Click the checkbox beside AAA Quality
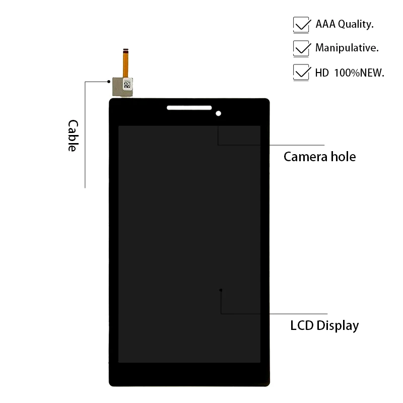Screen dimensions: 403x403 pyautogui.click(x=301, y=24)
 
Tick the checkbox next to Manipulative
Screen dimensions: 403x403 pyautogui.click(x=301, y=48)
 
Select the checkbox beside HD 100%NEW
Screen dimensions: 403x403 pyautogui.click(x=301, y=73)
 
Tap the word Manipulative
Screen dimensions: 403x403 pyautogui.click(x=347, y=48)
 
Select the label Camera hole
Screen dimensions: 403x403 pyautogui.click(x=319, y=157)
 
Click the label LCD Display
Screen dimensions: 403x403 pyautogui.click(x=324, y=325)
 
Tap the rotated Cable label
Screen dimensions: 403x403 pyautogui.click(x=74, y=136)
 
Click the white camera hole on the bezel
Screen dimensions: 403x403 pyautogui.click(x=218, y=113)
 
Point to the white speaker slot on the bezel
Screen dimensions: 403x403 pyautogui.click(x=189, y=107)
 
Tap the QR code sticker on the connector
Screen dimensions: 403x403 pyautogui.click(x=127, y=85)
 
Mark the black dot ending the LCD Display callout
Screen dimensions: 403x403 pyautogui.click(x=221, y=290)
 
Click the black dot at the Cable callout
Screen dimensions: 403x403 pyautogui.click(x=108, y=81)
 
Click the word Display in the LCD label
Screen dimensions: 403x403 pyautogui.click(x=338, y=325)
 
